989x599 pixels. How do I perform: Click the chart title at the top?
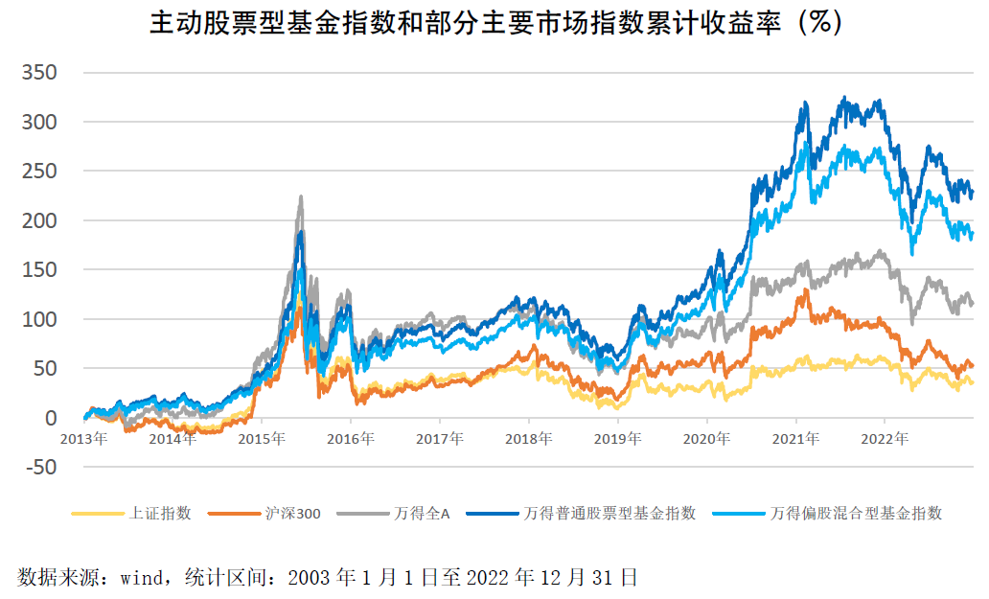coord(494,23)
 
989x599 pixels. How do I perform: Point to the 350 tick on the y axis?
coord(39,73)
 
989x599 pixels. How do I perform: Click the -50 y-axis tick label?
coord(39,468)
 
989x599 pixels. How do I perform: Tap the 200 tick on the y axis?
coord(39,220)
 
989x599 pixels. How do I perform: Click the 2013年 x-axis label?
coord(84,440)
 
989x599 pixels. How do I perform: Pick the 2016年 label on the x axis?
coord(351,440)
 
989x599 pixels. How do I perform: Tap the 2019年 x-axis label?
coord(618,440)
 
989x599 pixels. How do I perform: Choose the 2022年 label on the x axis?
coord(885,440)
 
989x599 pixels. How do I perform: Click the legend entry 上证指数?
coord(160,514)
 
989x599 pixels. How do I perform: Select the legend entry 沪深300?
coord(292,514)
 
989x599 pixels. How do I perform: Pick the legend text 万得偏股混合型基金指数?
coord(855,514)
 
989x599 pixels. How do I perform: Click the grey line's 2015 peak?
coord(302,196)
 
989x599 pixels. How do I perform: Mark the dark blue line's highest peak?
coord(843,97)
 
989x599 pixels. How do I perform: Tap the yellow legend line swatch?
coord(97,514)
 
